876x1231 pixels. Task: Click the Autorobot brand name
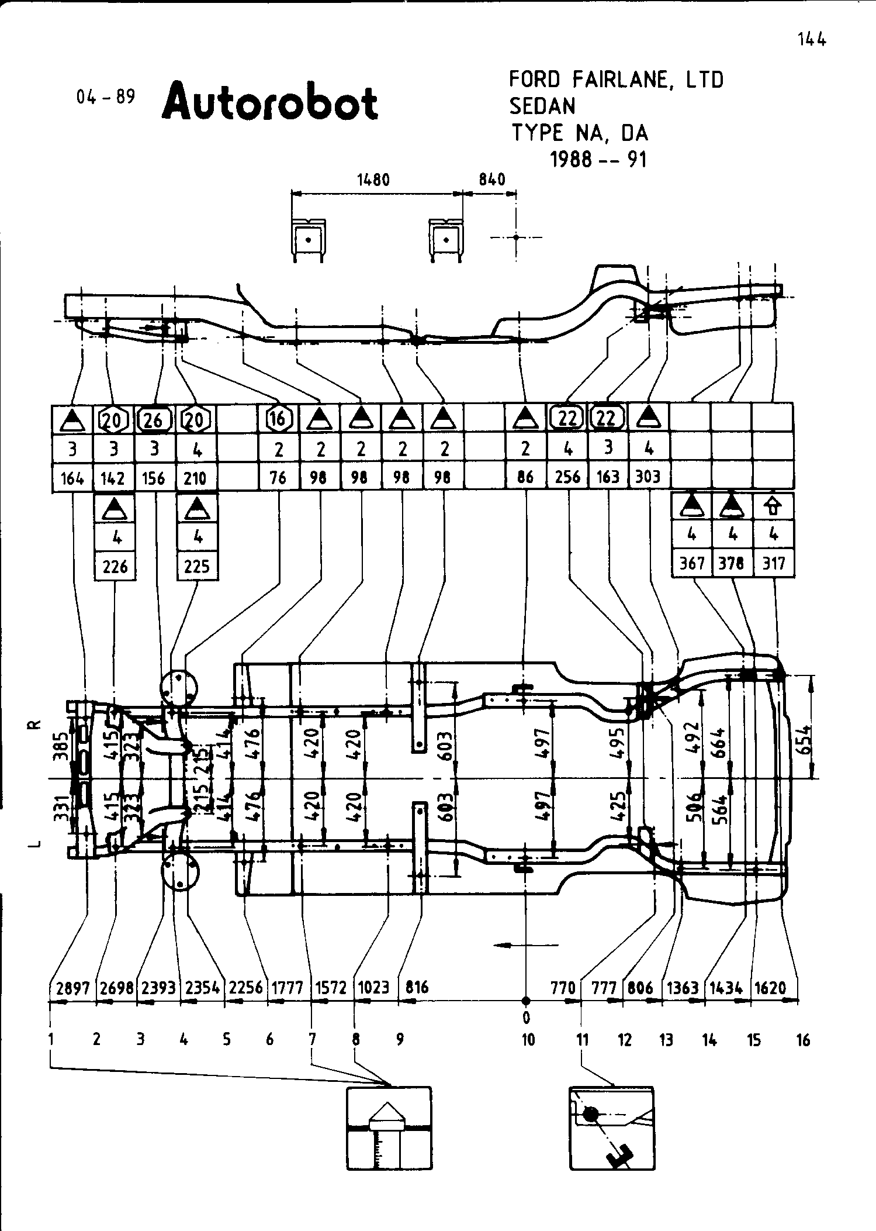coord(270,102)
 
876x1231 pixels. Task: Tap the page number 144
coord(811,40)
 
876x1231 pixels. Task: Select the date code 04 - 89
coord(106,96)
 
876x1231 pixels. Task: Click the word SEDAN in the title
coord(542,106)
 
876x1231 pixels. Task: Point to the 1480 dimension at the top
coord(373,179)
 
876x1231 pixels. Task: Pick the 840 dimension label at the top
coord(491,179)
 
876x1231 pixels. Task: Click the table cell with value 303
coord(649,477)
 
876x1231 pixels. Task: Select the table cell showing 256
coord(567,477)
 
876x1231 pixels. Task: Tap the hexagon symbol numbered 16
coord(278,418)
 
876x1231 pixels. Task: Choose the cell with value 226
coord(115,565)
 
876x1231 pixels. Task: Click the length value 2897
coord(72,988)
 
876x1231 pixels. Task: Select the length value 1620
coord(770,988)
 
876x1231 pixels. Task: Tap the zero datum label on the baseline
coord(526,1018)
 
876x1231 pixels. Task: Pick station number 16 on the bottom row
coord(804,1040)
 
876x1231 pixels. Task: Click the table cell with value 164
coord(72,478)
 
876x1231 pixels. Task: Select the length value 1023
coord(373,988)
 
